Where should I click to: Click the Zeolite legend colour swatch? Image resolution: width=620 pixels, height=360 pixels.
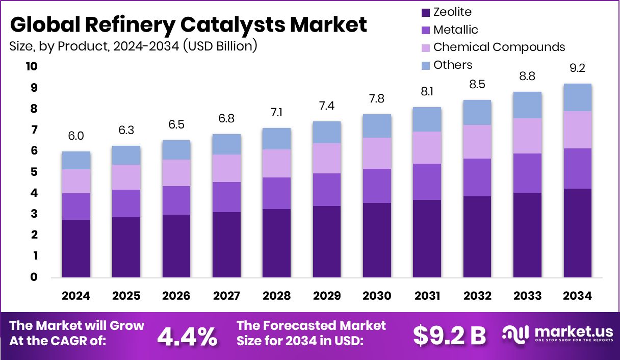click(425, 12)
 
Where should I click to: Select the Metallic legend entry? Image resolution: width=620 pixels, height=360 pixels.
click(455, 30)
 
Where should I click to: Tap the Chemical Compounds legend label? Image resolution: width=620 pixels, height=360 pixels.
click(499, 47)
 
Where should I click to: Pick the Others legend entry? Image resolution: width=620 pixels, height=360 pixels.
click(452, 65)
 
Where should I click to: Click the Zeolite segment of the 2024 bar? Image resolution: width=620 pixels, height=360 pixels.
click(76, 248)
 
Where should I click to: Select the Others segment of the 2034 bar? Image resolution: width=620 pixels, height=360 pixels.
click(577, 97)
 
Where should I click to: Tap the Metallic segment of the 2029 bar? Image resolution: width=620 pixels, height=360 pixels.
click(327, 190)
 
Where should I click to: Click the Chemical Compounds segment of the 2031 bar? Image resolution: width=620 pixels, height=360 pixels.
click(427, 148)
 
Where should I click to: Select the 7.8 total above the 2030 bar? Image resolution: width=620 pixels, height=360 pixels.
click(377, 99)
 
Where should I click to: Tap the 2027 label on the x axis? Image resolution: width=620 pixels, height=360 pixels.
click(226, 296)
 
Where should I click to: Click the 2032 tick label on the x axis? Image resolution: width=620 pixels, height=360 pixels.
click(477, 296)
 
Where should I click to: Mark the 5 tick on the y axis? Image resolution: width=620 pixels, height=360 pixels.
click(34, 172)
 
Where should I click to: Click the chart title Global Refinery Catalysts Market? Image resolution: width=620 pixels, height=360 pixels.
click(188, 24)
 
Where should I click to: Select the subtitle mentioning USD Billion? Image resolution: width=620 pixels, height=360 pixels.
click(133, 46)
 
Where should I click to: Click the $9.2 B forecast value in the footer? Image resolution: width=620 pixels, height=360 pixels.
click(449, 336)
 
